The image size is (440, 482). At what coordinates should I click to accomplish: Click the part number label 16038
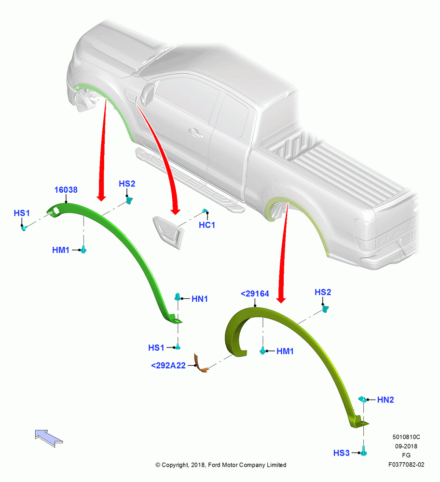[x=66, y=189]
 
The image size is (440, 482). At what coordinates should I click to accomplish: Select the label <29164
[x=255, y=294]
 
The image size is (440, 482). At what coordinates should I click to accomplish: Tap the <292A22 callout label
[x=168, y=365]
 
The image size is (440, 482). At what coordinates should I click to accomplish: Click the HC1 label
[x=207, y=225]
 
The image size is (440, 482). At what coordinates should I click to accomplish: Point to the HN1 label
[x=200, y=299]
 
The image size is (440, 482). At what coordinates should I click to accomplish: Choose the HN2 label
[x=385, y=400]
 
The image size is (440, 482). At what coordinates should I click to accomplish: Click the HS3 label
[x=342, y=453]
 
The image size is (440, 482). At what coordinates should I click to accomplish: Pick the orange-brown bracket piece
[x=201, y=363]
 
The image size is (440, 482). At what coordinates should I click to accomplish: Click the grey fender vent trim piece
[x=168, y=232]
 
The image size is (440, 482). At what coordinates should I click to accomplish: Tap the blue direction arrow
[x=49, y=438]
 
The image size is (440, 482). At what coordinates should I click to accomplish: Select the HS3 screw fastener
[x=363, y=451]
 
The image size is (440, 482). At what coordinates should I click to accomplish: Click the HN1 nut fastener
[x=178, y=297]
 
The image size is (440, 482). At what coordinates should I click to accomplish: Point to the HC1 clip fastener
[x=205, y=211]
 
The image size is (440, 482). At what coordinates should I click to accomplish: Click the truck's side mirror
[x=148, y=93]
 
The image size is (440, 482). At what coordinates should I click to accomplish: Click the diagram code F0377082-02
[x=406, y=465]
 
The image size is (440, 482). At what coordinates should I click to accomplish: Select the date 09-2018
[x=406, y=446]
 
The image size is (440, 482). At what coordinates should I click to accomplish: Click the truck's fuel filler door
[x=279, y=187]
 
